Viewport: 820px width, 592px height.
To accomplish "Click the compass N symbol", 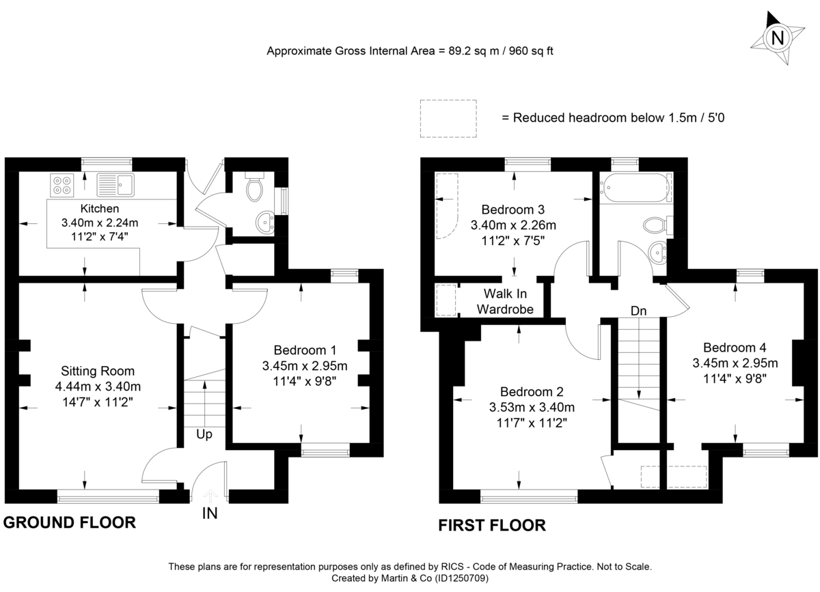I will (x=777, y=38).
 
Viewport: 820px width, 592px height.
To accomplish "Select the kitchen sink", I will (x=116, y=183).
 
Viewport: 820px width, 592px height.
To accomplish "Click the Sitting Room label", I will (x=98, y=371).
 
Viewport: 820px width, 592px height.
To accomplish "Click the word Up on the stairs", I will (x=205, y=434).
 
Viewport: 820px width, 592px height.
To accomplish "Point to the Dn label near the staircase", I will (x=638, y=311).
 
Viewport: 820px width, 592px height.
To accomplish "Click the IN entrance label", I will (x=210, y=513).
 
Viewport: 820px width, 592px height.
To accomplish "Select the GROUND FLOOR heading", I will (x=69, y=523).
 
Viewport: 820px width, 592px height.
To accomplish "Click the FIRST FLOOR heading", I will (x=492, y=525).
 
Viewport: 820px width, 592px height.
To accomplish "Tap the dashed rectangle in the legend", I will (x=448, y=117).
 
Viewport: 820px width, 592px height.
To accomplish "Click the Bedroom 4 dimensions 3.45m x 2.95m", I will (x=735, y=363).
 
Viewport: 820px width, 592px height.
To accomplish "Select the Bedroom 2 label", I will (x=532, y=392).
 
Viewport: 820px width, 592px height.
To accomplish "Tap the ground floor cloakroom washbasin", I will (x=264, y=221).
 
